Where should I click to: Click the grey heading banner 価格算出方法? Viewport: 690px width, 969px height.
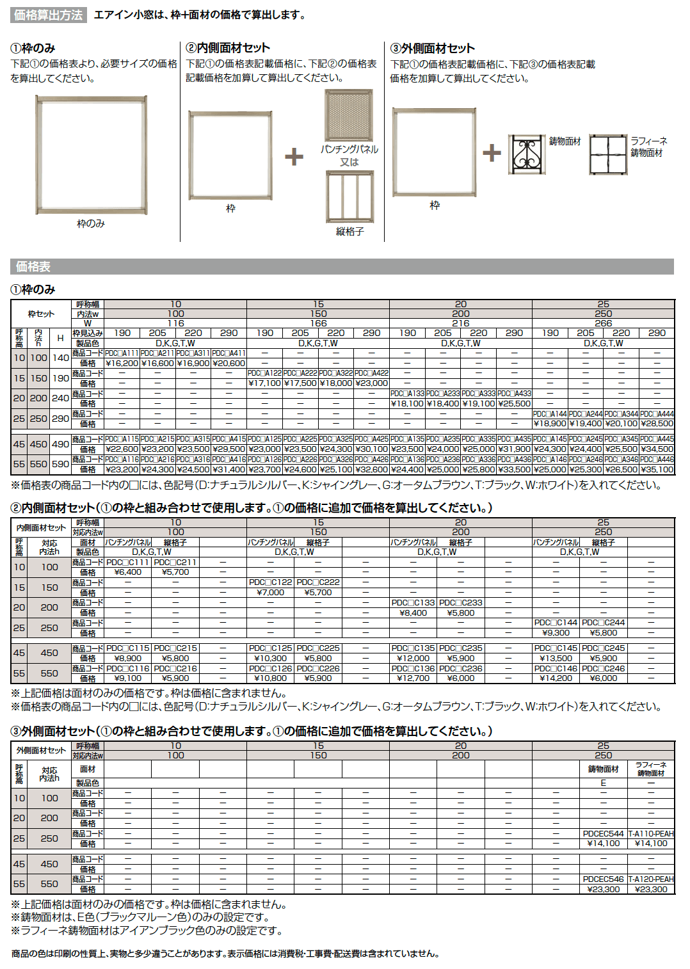48,15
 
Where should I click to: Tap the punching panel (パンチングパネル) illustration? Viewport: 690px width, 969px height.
349,115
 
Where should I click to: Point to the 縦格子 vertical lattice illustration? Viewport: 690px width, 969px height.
349,196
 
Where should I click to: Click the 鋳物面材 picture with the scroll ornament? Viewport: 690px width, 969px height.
527,154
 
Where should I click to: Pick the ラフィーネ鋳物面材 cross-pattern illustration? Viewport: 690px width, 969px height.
608,154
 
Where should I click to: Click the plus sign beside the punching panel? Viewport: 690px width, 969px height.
294,156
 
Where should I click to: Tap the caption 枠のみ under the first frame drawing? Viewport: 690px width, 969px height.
91,223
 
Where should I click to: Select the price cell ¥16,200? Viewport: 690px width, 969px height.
122,363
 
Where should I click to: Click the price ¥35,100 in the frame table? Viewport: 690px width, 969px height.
657,469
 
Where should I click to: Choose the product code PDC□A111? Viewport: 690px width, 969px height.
122,353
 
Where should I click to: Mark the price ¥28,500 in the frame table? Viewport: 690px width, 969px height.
657,423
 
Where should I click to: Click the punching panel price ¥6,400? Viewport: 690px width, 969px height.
128,572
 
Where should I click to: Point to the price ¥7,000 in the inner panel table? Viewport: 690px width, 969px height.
270,592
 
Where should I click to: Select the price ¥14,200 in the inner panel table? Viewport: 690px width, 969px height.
556,678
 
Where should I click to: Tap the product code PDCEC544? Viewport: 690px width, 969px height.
603,834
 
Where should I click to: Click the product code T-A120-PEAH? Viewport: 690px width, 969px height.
651,879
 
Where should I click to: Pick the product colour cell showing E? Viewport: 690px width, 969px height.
603,783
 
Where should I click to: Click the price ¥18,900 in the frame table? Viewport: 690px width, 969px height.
550,423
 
